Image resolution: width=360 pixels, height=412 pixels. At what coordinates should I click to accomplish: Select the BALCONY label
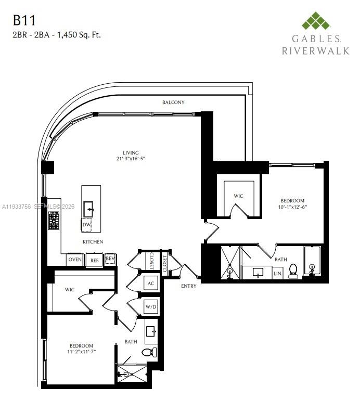pos(173,102)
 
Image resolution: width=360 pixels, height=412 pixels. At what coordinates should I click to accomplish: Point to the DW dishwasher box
pos(86,225)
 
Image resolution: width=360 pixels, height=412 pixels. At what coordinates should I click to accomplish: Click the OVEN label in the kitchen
pos(74,260)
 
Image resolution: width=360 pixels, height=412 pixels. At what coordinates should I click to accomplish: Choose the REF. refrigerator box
pos(94,260)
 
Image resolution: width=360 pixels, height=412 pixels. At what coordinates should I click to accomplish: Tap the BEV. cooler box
pos(110,259)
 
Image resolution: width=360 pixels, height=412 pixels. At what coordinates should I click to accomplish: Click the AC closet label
pos(151,284)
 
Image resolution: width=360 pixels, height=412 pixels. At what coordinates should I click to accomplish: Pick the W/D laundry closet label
pos(151,307)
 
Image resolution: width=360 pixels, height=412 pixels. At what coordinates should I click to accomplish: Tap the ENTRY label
pos(188,286)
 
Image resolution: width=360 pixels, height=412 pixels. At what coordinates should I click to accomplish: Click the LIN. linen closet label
pos(278,273)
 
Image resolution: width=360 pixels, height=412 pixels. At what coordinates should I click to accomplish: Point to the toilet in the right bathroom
pos(293,271)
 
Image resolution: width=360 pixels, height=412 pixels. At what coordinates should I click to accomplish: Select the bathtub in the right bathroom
pos(312,262)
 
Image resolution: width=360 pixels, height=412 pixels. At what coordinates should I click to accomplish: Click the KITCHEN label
pos(93,242)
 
